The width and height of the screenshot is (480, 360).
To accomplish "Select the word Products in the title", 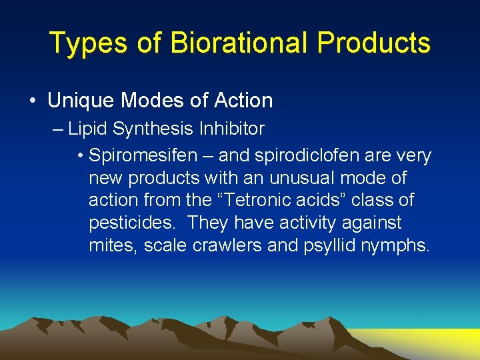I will pos(373,43).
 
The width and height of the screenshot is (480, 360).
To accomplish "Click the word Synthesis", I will pos(147,129).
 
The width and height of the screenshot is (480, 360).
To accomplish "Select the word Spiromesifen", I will pos(143,157).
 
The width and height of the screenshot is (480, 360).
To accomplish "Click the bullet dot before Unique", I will pos(33,101).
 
